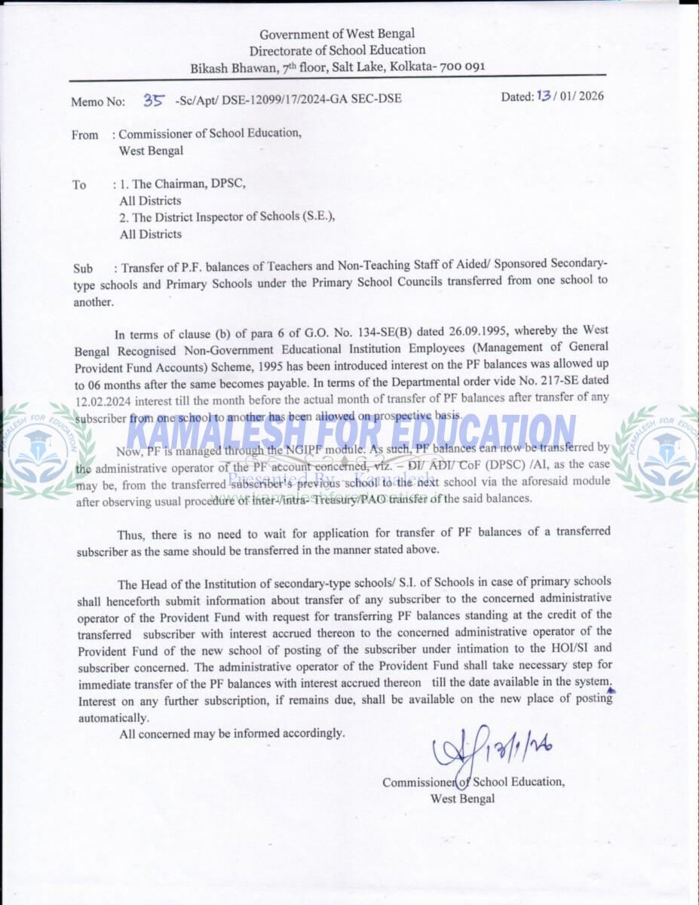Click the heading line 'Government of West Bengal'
point(337,34)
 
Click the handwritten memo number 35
point(154,99)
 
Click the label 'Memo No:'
point(98,101)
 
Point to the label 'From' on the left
point(85,135)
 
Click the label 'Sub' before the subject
point(83,268)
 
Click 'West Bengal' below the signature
point(462,799)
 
